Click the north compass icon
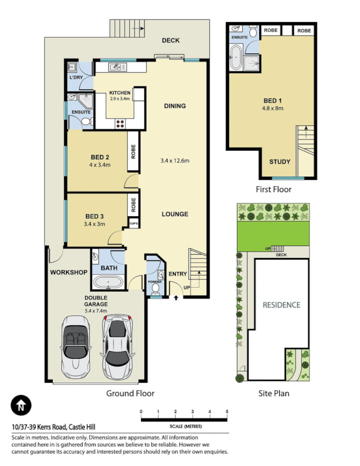point(21,404)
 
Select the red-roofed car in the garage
point(118,345)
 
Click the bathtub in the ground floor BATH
point(108,283)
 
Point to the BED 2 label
point(100,157)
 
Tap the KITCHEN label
point(119,93)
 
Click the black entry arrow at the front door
point(177,298)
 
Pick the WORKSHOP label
point(68,273)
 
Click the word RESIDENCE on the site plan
point(281,305)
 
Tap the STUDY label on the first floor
point(280,161)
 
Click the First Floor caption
point(273,189)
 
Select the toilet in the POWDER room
point(155,287)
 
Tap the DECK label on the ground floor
point(171,40)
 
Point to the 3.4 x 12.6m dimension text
point(175,161)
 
